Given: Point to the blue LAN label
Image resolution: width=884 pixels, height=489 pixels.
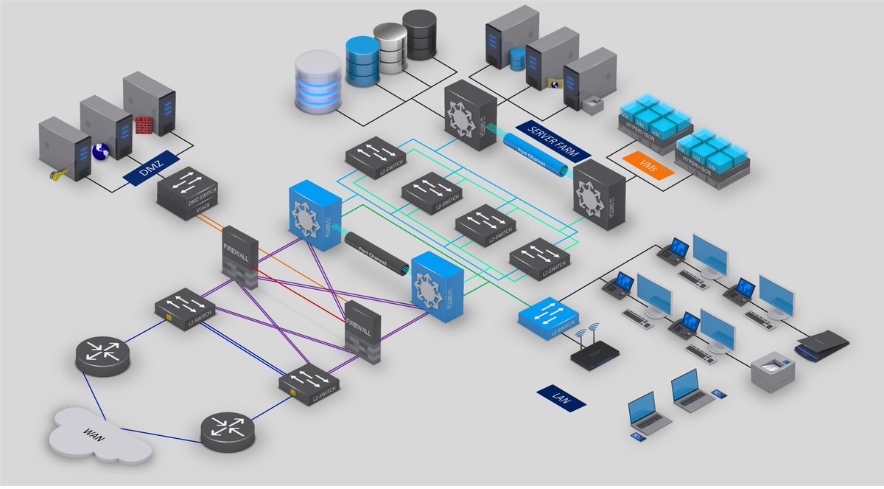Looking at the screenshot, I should click(561, 398).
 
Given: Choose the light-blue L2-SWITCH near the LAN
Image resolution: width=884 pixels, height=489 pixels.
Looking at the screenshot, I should click(547, 318).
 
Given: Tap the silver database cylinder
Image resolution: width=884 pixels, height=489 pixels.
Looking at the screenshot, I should click(390, 46).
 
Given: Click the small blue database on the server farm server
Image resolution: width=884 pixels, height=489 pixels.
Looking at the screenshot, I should click(518, 58).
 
